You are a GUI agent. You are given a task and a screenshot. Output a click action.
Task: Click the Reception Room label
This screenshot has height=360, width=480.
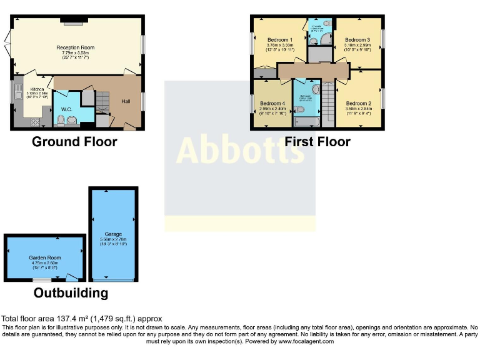tap(75, 47)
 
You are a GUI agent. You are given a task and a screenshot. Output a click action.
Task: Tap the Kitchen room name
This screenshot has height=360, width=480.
tap(37, 89)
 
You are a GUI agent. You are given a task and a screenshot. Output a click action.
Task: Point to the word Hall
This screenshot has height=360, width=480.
tap(126, 101)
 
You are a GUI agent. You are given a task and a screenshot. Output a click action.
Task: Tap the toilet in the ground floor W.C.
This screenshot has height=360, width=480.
tap(71, 121)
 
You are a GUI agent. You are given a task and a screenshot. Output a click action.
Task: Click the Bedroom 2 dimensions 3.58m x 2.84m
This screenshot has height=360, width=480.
tap(358, 109)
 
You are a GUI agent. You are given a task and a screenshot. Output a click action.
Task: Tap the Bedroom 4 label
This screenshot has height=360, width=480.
tap(272, 103)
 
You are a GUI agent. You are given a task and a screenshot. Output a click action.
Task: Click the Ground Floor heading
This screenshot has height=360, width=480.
tap(74, 142)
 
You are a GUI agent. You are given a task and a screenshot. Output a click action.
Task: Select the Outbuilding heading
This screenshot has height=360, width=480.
tap(71, 292)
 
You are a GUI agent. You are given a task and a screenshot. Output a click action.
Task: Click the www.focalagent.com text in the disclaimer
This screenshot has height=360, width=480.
tap(306, 341)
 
